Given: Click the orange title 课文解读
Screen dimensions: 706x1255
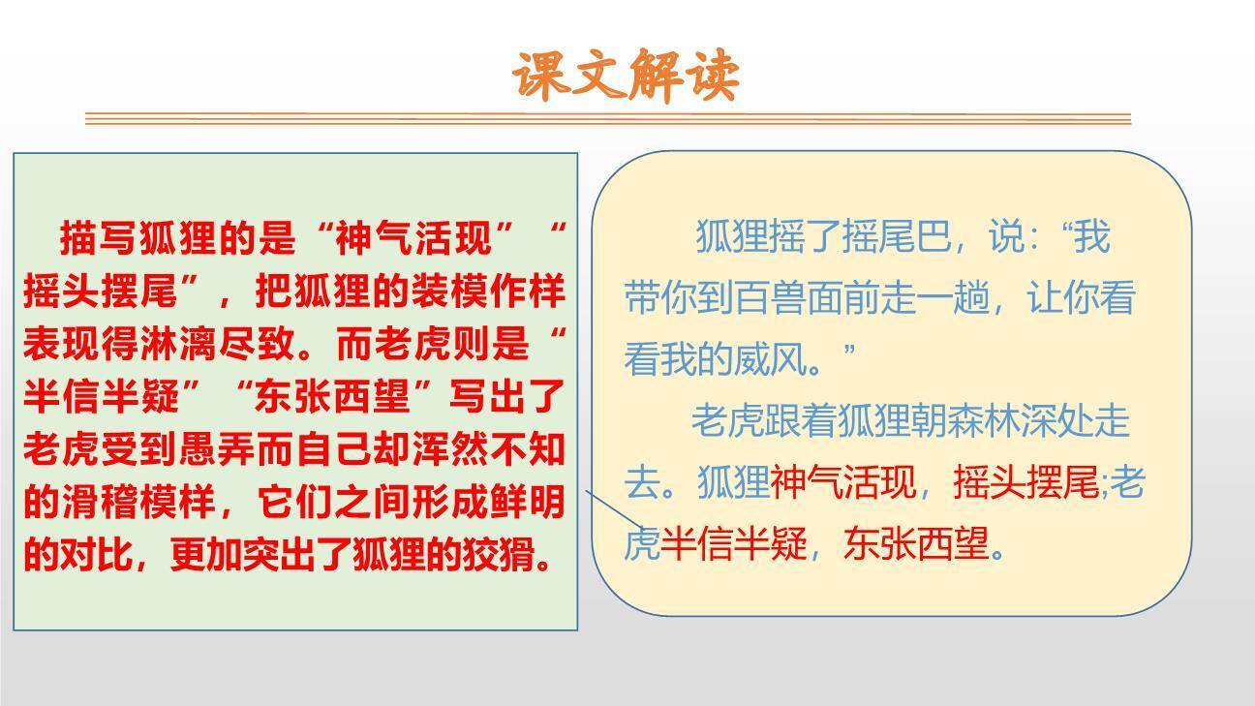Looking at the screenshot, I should (626, 77).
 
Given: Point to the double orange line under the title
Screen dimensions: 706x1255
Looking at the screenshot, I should (608, 119).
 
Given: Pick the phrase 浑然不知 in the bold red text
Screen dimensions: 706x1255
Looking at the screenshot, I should (487, 449).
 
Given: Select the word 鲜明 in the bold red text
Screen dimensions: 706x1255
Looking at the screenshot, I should (527, 502).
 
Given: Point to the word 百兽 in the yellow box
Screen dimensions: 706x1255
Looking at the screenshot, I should (769, 298).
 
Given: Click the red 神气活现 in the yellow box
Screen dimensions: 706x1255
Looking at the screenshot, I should (842, 482).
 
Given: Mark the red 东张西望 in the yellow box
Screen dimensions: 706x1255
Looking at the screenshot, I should (916, 543).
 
